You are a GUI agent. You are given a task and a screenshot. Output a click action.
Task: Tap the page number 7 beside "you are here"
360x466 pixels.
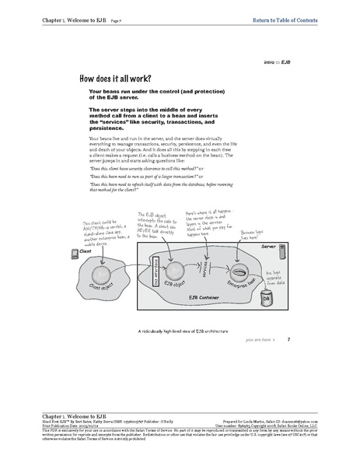288,339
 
